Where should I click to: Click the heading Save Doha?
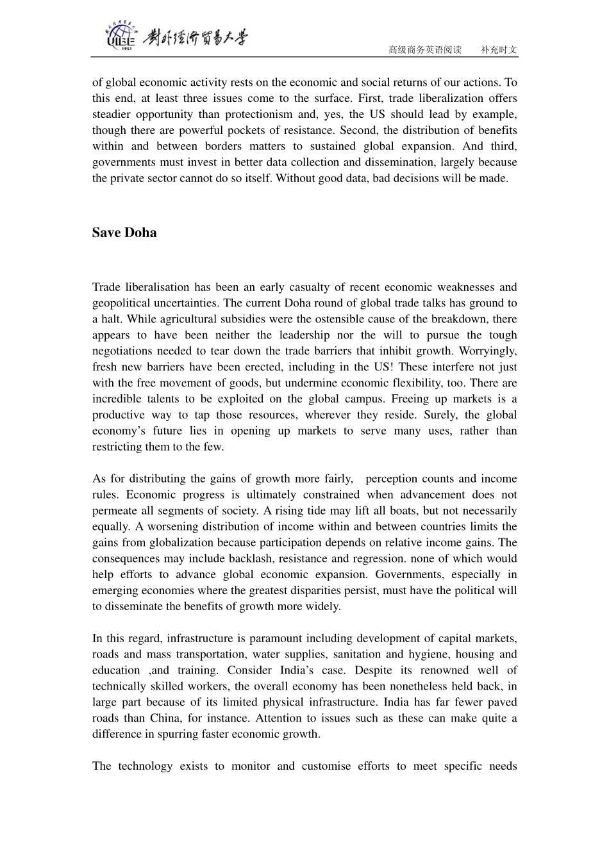coord(124,233)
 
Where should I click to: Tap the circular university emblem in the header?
coord(120,37)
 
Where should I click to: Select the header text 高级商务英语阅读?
coord(425,49)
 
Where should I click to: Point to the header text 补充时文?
coord(499,49)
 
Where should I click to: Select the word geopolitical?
coord(122,303)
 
